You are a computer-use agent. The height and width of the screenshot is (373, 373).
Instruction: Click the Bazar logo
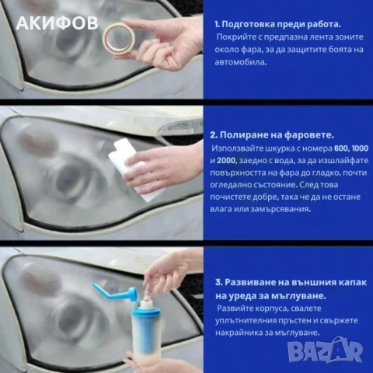342,356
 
